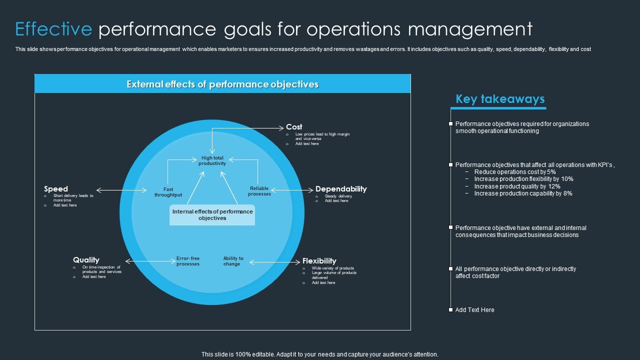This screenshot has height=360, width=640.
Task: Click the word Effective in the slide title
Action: pyautogui.click(x=53, y=29)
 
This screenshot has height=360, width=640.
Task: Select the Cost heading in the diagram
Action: pyautogui.click(x=294, y=127)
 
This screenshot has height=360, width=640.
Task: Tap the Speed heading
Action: pyautogui.click(x=56, y=189)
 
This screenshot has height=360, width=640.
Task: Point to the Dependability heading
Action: pyautogui.click(x=341, y=189)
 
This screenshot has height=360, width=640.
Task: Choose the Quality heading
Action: pyautogui.click(x=86, y=260)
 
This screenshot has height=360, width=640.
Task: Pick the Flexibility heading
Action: pyautogui.click(x=319, y=261)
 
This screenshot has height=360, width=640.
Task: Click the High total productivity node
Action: pyautogui.click(x=212, y=160)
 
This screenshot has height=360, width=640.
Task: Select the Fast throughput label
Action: pyautogui.click(x=168, y=192)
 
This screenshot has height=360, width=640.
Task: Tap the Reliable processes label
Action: pyautogui.click(x=259, y=191)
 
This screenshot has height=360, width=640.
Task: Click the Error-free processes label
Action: pyautogui.click(x=188, y=261)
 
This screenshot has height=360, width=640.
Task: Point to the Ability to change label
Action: pyautogui.click(x=233, y=261)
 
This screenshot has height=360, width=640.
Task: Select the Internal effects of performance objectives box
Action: pyautogui.click(x=212, y=215)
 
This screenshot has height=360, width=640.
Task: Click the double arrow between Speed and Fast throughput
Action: pyautogui.click(x=121, y=190)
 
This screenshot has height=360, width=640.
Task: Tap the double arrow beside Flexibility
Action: pyautogui.click(x=274, y=261)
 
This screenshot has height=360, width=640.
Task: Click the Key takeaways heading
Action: pyautogui.click(x=500, y=99)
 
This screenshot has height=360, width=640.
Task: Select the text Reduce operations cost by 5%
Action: pyautogui.click(x=515, y=172)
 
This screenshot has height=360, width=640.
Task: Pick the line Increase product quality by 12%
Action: pyautogui.click(x=517, y=186)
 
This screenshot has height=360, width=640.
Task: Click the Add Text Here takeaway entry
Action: pyautogui.click(x=474, y=310)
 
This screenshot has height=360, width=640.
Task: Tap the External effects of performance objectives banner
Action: pyautogui.click(x=222, y=84)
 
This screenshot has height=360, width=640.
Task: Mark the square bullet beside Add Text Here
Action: pyautogui.click(x=450, y=310)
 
